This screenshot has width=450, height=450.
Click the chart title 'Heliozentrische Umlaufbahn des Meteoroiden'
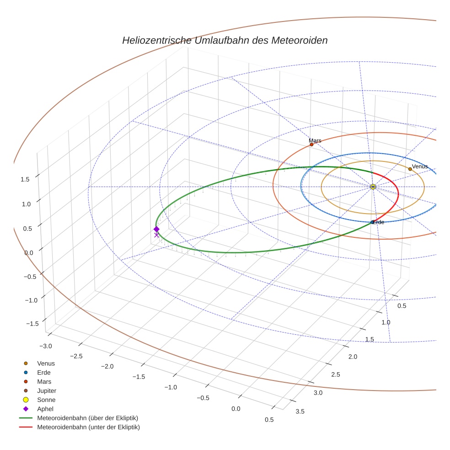click(225, 40)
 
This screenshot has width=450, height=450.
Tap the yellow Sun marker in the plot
click(373, 187)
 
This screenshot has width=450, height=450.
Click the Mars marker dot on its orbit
click(311, 145)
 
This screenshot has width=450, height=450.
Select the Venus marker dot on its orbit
click(410, 169)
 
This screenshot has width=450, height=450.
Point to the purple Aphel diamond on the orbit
click(156, 229)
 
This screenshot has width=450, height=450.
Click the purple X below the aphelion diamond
click(156, 235)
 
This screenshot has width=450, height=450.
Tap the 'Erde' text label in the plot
click(379, 222)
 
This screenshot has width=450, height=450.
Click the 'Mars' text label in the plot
click(315, 140)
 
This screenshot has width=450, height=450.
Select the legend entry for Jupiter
click(46, 391)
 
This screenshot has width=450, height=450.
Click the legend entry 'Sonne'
click(46, 400)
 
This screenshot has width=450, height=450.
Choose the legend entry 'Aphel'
click(45, 409)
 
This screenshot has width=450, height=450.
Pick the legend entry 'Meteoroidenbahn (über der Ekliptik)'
click(87, 418)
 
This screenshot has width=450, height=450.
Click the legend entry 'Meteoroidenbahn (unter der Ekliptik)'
click(88, 427)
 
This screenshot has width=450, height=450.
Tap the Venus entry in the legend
click(46, 363)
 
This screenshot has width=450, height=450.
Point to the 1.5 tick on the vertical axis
click(26, 179)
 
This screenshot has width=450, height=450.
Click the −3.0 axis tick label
click(46, 346)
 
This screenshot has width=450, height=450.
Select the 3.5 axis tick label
click(300, 411)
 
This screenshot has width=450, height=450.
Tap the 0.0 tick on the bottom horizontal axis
click(236, 408)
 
